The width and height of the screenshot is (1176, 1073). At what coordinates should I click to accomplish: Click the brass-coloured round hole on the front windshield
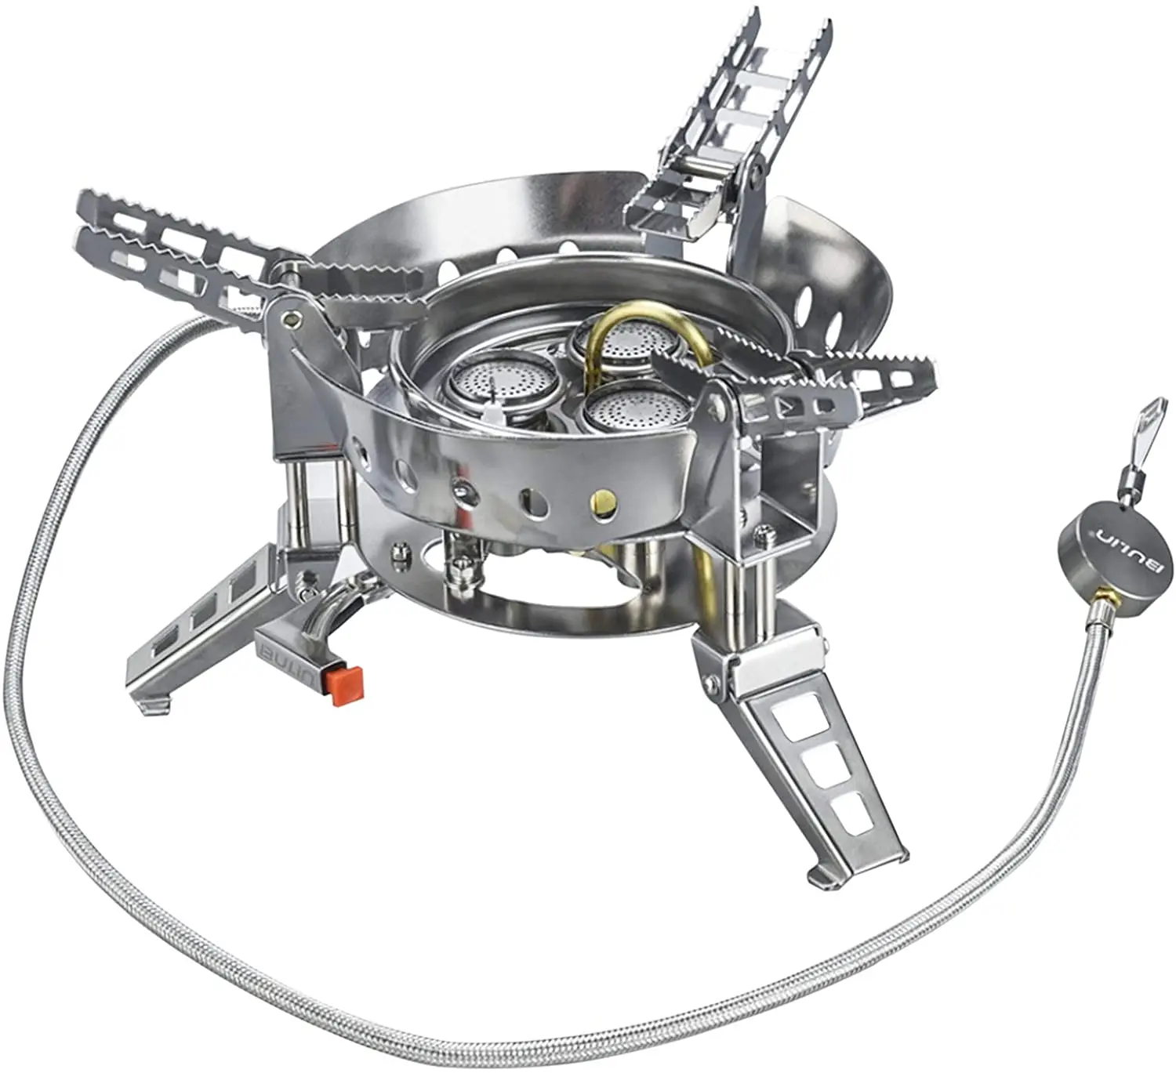(604, 499)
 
